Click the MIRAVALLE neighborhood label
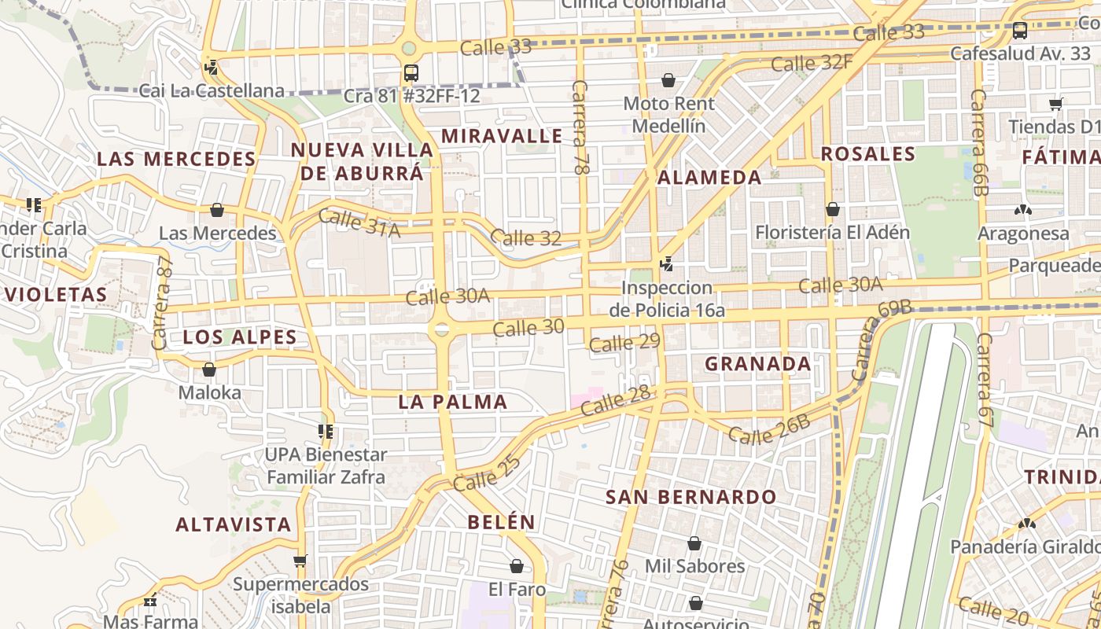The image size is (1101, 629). (502, 136)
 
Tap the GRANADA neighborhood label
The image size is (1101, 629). (757, 363)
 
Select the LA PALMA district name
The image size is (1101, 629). (453, 402)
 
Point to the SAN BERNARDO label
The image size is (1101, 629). (691, 497)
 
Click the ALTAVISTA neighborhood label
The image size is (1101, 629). (234, 524)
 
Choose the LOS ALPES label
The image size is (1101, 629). (240, 338)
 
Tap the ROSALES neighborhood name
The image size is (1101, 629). (868, 154)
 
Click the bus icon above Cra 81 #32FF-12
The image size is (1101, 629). (411, 73)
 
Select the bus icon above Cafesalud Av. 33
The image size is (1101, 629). (1020, 31)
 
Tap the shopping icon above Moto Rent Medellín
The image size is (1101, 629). (668, 80)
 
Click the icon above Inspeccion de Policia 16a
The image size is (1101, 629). (667, 264)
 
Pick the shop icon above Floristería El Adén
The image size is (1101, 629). (832, 209)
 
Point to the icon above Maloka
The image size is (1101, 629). (209, 369)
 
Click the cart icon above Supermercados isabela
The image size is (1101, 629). (300, 561)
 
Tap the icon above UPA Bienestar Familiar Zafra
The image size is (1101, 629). (326, 431)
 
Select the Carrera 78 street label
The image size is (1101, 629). (580, 127)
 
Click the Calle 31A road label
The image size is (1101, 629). (359, 224)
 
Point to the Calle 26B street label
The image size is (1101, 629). (768, 429)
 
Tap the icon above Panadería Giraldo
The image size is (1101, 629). (1026, 523)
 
